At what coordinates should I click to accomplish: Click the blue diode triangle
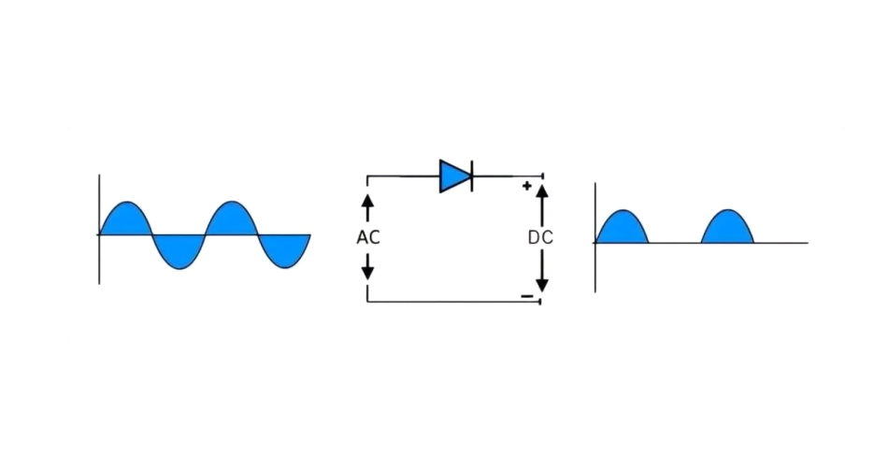pyautogui.click(x=453, y=176)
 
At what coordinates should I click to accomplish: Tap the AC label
pyautogui.click(x=368, y=237)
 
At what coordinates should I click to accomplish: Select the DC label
pyautogui.click(x=540, y=237)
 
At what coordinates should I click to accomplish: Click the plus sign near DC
pyautogui.click(x=526, y=186)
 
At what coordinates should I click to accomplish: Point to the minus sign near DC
pyautogui.click(x=527, y=297)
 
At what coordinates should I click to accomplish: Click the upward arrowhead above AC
pyautogui.click(x=367, y=201)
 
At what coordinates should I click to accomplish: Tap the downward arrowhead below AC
pyautogui.click(x=367, y=272)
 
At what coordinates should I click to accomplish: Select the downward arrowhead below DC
pyautogui.click(x=541, y=282)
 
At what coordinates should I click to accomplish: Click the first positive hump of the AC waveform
pyautogui.click(x=125, y=220)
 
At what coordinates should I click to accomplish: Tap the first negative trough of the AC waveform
pyautogui.click(x=178, y=249)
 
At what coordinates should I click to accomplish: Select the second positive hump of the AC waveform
pyautogui.click(x=231, y=220)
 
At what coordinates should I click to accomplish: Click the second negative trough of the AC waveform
pyautogui.click(x=284, y=249)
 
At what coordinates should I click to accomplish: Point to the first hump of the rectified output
pyautogui.click(x=622, y=230)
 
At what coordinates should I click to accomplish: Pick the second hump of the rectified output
pyautogui.click(x=727, y=230)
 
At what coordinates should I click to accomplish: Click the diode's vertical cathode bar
pyautogui.click(x=471, y=176)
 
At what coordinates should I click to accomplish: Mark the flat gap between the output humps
pyautogui.click(x=675, y=243)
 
